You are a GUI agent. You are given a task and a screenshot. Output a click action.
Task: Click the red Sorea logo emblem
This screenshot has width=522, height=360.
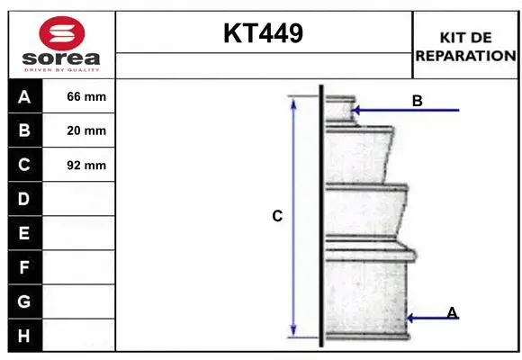(62, 33)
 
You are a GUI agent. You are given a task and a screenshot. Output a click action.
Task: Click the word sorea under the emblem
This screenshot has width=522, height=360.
(61, 58)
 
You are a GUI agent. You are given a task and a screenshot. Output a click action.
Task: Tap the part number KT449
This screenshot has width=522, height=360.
(264, 33)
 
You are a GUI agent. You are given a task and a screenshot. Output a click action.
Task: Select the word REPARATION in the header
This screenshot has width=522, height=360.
(465, 56)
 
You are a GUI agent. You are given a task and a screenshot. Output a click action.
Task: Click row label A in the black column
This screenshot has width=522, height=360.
(24, 97)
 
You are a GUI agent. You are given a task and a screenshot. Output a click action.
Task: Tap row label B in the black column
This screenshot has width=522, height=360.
(24, 130)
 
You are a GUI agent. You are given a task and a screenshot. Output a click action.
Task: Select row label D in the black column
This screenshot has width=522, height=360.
(24, 199)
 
